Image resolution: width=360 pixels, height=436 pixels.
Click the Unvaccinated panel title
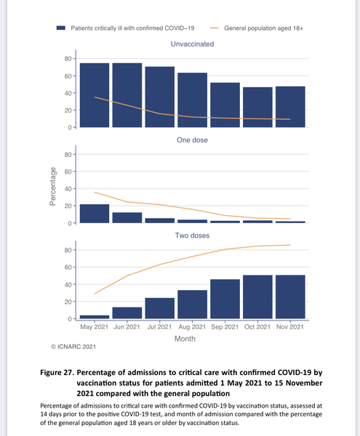click(192, 44)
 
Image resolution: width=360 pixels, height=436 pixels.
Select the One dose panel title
click(192, 140)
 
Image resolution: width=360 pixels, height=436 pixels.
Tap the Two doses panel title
click(192, 236)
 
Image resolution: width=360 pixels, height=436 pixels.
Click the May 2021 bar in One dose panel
click(95, 214)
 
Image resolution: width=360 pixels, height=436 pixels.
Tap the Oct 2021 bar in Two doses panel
click(257, 297)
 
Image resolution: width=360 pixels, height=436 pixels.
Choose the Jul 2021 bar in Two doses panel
click(159, 308)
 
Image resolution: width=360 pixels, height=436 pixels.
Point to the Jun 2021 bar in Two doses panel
click(127, 313)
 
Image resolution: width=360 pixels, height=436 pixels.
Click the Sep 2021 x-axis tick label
click(225, 327)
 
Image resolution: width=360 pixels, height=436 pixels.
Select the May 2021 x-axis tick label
click(95, 327)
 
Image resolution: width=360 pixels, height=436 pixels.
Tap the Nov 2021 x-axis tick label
click(290, 327)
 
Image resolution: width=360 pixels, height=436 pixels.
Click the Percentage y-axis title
click(53, 187)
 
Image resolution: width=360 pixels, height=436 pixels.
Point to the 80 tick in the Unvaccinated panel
click(68, 58)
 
